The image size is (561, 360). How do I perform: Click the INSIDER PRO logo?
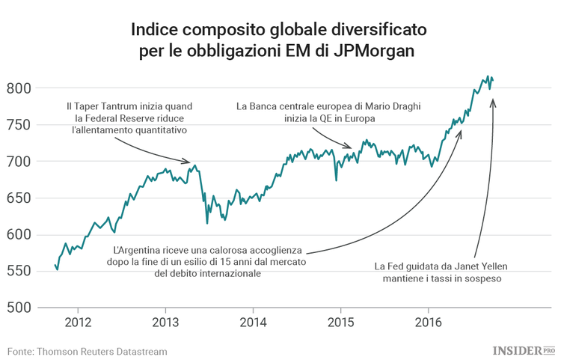(523, 350)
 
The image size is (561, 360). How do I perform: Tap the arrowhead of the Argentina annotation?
(461, 133)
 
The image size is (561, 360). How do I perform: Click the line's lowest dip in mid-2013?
(207, 222)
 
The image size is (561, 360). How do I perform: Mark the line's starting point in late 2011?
(55, 264)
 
